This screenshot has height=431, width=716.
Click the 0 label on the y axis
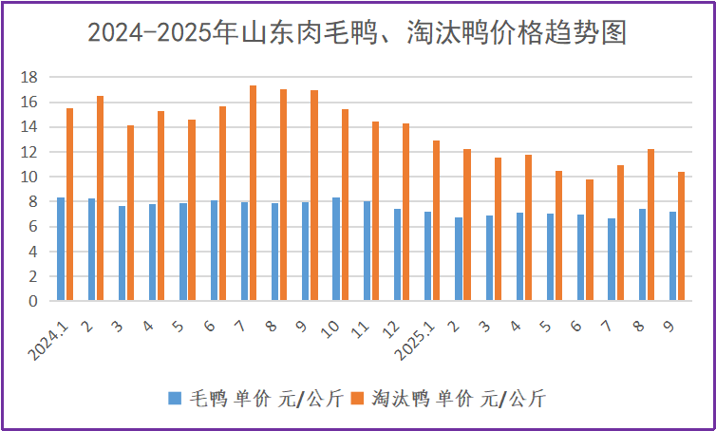point(33,301)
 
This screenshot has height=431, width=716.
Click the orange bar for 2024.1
point(69,204)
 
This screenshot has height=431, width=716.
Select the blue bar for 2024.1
point(61,249)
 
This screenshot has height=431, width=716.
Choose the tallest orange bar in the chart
point(253,193)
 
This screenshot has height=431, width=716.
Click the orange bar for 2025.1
point(436,220)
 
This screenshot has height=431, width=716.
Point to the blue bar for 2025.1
point(427,256)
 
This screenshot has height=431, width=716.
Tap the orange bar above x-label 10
point(345,205)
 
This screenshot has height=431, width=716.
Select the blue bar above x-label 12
point(397,254)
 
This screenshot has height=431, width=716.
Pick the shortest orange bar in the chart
point(589,240)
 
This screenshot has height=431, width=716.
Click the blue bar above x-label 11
point(367,251)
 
